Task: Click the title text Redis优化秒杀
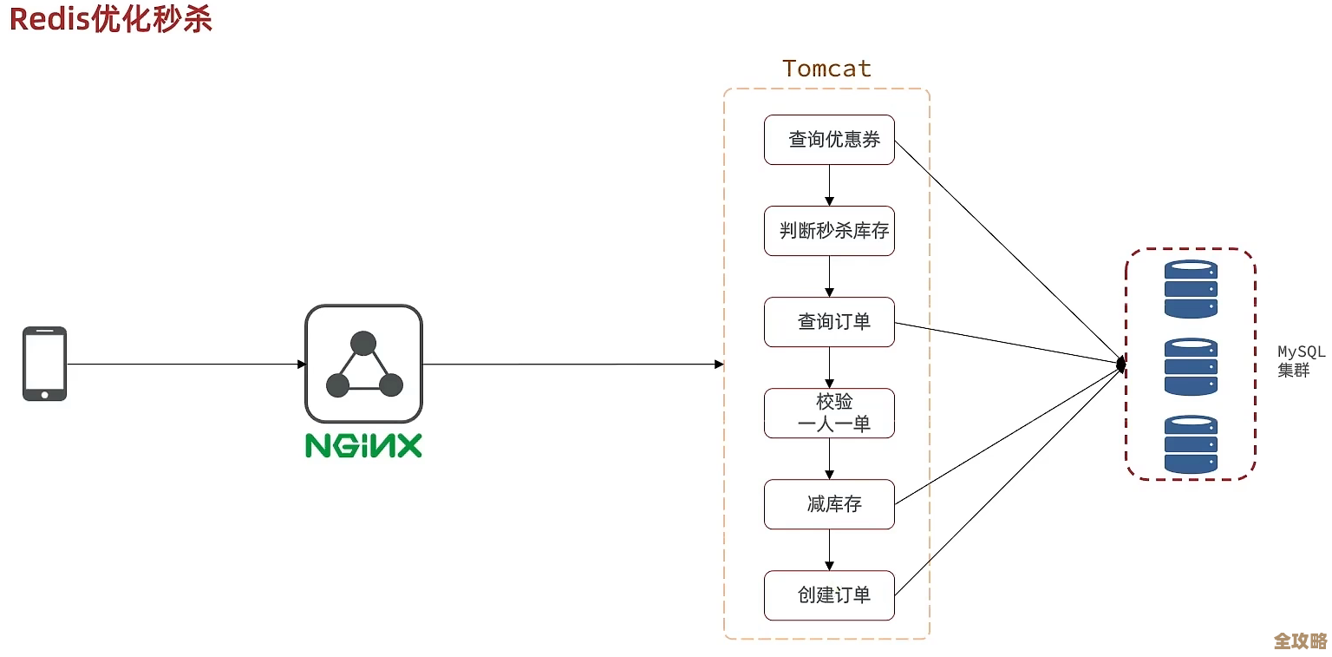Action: pos(111,20)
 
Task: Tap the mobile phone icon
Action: pos(44,364)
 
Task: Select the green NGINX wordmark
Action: pos(363,445)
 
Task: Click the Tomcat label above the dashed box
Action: pos(826,69)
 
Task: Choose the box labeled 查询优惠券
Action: pos(829,140)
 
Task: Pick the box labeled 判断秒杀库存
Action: pos(829,231)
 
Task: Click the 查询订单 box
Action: pos(829,322)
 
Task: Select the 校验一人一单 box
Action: pos(829,413)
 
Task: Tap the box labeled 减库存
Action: pos(829,504)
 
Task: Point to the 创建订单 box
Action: pos(829,595)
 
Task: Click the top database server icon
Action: pos(1191,289)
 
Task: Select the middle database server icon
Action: pos(1191,366)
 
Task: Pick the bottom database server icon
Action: pos(1191,443)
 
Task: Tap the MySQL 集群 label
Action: pos(1301,361)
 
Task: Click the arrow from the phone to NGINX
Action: pos(186,364)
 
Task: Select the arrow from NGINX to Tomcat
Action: pos(572,364)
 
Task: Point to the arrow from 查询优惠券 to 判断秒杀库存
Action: pos(829,185)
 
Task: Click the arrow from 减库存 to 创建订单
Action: pos(829,549)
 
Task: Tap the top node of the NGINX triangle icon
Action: pos(363,344)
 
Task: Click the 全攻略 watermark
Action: pos(1300,641)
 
